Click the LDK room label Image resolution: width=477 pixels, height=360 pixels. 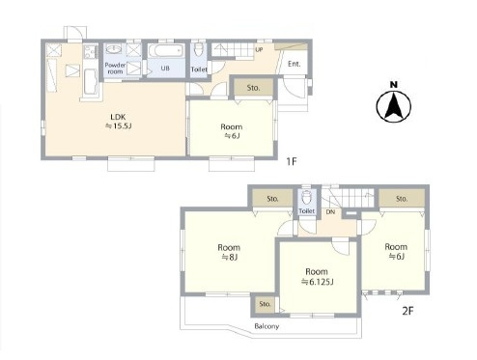click(x=118, y=117)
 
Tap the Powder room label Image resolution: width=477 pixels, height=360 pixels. click(x=115, y=69)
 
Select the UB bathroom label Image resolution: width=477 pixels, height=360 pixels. click(x=165, y=69)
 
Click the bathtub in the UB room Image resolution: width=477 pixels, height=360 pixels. click(x=166, y=51)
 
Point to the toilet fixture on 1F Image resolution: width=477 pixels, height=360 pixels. click(x=199, y=50)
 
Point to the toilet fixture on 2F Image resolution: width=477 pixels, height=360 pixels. click(x=306, y=197)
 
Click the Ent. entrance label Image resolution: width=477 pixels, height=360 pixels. click(x=295, y=64)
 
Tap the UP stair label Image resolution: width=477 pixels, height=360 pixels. click(x=259, y=49)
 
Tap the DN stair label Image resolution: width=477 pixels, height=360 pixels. click(x=330, y=212)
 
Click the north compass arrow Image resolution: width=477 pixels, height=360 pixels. click(x=394, y=105)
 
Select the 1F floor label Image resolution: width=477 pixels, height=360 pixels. click(x=292, y=161)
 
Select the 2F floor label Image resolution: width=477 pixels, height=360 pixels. click(x=407, y=311)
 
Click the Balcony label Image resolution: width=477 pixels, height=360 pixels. click(x=267, y=326)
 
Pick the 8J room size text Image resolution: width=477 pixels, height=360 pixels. click(x=229, y=257)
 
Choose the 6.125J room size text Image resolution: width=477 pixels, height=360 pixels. click(x=317, y=282)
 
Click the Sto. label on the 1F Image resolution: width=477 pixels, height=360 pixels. click(x=253, y=88)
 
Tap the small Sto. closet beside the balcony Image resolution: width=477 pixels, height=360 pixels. click(x=265, y=304)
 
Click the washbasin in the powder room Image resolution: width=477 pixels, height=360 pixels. click(x=114, y=49)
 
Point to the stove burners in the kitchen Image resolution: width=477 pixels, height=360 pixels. click(x=91, y=51)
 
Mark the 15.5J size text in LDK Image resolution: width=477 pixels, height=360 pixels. click(x=119, y=126)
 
